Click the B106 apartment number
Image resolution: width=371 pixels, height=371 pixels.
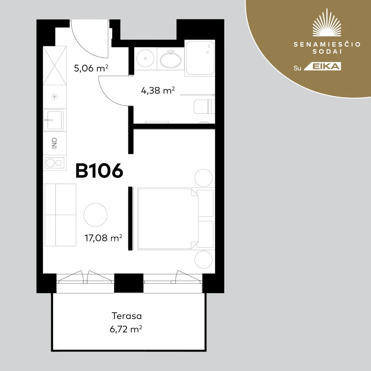99,170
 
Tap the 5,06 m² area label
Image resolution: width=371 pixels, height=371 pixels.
91,68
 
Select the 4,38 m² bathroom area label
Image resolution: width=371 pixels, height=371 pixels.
158,90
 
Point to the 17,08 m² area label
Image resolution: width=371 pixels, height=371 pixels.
103,238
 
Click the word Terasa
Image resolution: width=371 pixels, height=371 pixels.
126,316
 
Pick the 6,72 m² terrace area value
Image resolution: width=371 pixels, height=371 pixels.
126,329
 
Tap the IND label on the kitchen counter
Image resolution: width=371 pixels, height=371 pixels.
54,143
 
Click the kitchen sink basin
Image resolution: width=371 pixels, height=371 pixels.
54,120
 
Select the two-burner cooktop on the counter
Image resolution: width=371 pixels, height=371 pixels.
54,163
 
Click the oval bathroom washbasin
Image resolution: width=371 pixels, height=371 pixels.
170,59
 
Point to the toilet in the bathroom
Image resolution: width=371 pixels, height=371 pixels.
204,106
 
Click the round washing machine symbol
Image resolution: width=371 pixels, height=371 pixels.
145,58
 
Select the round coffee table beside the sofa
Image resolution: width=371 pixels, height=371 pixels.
95,215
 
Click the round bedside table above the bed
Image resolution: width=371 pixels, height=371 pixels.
203,178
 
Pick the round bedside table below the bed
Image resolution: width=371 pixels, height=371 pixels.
203,260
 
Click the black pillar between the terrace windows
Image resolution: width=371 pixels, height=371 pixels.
129,283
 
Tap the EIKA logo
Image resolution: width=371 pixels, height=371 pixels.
323,67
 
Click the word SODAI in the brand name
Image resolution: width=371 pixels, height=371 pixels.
327,52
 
